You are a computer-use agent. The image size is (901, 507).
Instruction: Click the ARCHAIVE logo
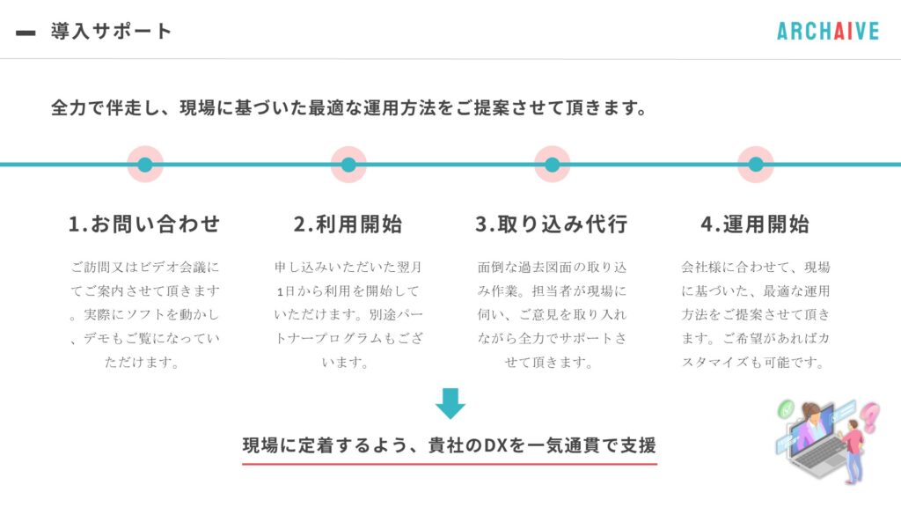pyautogui.click(x=828, y=31)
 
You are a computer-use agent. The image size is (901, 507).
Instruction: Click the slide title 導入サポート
pyautogui.click(x=111, y=31)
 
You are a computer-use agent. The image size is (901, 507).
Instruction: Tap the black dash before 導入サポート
pyautogui.click(x=26, y=33)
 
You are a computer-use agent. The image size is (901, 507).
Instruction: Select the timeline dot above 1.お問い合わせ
pyautogui.click(x=145, y=165)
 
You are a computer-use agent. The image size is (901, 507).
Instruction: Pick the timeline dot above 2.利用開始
pyautogui.click(x=348, y=165)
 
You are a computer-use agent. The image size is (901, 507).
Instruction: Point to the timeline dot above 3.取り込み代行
pyautogui.click(x=553, y=165)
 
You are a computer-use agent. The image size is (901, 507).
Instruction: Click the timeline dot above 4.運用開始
pyautogui.click(x=756, y=165)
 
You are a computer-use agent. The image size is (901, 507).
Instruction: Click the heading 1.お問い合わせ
pyautogui.click(x=144, y=224)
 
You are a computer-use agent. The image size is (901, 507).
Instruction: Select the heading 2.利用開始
pyautogui.click(x=348, y=224)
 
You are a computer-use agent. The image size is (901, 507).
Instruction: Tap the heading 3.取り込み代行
pyautogui.click(x=552, y=224)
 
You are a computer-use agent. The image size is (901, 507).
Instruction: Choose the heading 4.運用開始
pyautogui.click(x=755, y=224)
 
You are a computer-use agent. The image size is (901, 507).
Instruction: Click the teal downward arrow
pyautogui.click(x=450, y=403)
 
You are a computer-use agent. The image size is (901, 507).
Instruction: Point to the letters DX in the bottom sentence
pyautogui.click(x=496, y=445)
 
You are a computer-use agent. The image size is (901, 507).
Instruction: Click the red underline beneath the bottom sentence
pyautogui.click(x=450, y=463)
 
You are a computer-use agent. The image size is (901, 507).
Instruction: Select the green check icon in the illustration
pyautogui.click(x=786, y=409)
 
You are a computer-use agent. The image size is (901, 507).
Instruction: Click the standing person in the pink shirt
pyautogui.click(x=853, y=452)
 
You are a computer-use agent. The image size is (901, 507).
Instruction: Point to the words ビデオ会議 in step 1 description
pyautogui.click(x=172, y=268)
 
